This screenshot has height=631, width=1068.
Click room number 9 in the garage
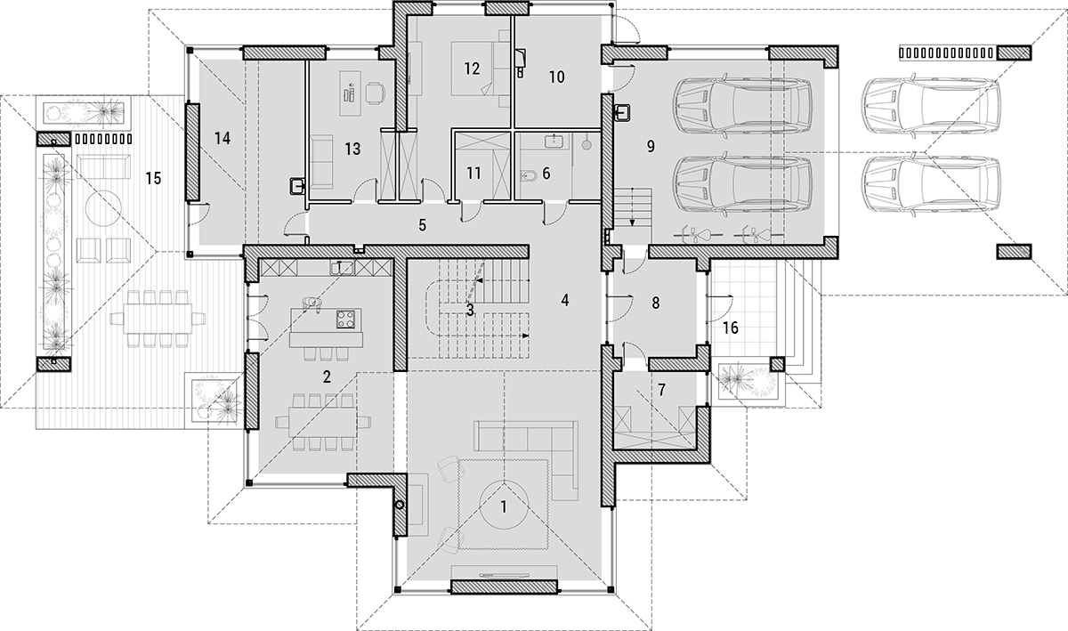click(651, 147)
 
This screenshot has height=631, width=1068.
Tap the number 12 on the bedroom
click(472, 69)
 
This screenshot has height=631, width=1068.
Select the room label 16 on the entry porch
click(731, 328)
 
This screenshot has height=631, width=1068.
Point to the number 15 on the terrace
click(153, 179)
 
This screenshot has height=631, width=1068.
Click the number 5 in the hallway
click(423, 225)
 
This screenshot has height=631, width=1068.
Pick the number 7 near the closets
click(661, 390)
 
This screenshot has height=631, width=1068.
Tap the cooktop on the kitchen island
click(345, 319)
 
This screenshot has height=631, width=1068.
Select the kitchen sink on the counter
click(342, 268)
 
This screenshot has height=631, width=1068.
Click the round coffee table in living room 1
click(504, 506)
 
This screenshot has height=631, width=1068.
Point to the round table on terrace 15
click(103, 208)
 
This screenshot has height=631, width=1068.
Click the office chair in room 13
click(376, 92)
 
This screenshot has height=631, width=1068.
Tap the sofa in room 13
click(321, 162)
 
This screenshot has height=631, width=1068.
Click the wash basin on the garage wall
click(623, 112)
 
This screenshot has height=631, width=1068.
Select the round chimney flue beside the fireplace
click(400, 505)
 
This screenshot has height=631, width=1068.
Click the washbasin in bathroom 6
click(554, 142)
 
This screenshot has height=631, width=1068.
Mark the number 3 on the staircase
click(470, 310)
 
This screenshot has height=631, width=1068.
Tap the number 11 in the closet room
click(473, 174)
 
